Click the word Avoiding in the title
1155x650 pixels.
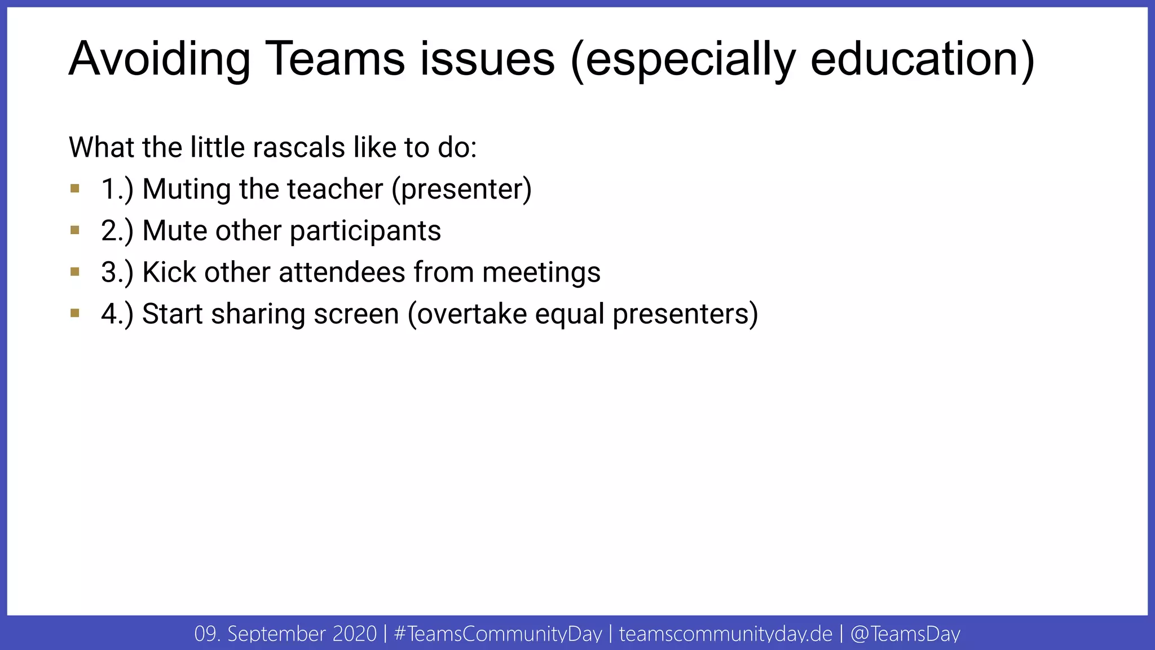160,59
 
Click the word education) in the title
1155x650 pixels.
923,60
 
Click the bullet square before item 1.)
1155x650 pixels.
75,188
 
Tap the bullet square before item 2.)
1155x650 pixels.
75,230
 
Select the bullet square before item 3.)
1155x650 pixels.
75,272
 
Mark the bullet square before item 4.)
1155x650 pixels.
75,313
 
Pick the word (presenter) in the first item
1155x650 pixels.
462,190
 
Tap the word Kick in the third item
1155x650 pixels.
169,272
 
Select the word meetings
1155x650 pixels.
541,273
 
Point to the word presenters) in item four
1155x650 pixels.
685,315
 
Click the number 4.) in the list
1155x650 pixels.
117,314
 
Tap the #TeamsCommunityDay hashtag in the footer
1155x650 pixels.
498,634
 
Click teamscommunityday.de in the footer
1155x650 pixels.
725,634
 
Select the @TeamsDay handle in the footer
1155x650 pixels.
905,634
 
